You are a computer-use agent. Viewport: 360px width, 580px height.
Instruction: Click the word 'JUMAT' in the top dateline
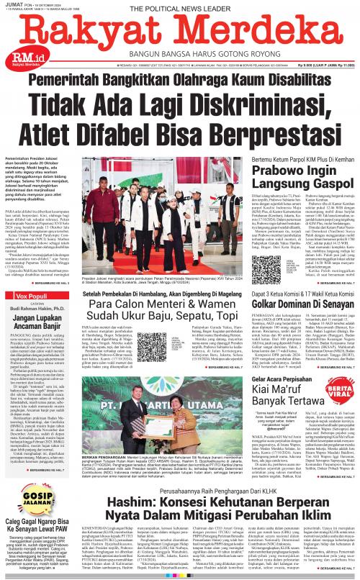[x=14, y=4]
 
